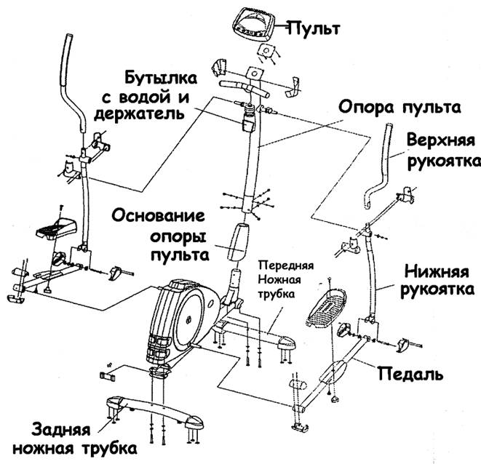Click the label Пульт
tap(314, 29)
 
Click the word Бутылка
tap(161, 78)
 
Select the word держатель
tap(139, 114)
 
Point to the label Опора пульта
tap(399, 108)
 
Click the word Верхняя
tap(441, 141)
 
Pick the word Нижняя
tap(437, 272)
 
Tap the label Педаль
tap(410, 374)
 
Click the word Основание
tap(158, 215)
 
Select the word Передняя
tap(286, 265)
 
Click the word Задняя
tap(60, 429)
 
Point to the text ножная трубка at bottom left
tap(74, 449)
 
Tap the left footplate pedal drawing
tap(57, 228)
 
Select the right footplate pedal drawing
tap(327, 308)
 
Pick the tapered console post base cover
tap(236, 242)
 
